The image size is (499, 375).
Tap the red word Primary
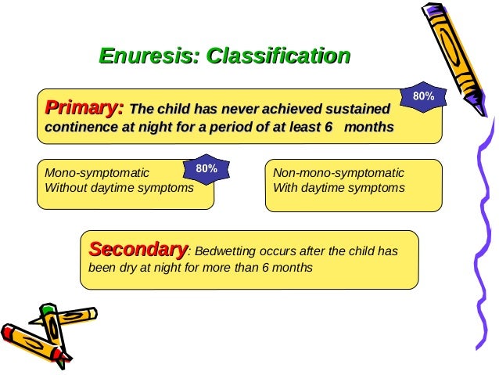pos(84,107)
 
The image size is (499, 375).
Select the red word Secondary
pos(138,250)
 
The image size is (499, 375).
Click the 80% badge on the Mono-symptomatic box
pos(206,168)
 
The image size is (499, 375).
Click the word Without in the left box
pos(67,188)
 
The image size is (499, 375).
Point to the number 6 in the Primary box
pos(328,127)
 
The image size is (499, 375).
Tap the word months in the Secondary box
pos(293,268)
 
